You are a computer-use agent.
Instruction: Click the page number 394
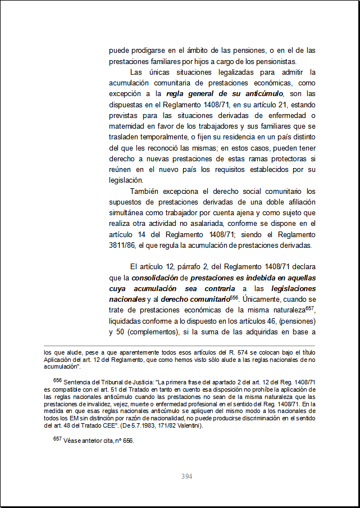coord(187,477)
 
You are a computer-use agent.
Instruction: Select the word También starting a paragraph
coord(147,191)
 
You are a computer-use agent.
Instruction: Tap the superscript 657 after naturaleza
coord(311,309)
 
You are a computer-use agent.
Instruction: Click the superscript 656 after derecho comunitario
coord(235,297)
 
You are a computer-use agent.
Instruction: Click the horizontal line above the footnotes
coord(180,346)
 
